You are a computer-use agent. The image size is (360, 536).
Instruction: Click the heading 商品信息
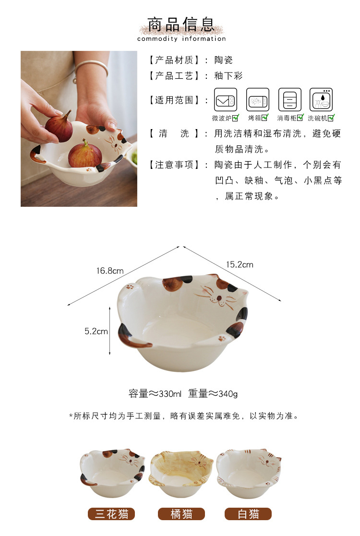point(181,25)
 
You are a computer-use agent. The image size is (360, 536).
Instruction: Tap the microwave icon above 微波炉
point(225,100)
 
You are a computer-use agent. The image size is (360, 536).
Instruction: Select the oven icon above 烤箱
point(258,100)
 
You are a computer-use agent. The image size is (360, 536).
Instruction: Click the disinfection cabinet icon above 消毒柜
point(290,100)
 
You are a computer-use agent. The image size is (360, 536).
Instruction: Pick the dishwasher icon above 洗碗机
point(321,100)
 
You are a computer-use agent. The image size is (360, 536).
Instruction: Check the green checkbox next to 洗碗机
point(331,118)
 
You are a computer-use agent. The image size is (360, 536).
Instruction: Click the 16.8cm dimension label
point(109,271)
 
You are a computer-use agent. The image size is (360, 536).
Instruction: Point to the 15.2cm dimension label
point(240,264)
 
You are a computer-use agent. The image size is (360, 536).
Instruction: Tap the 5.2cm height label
point(96,331)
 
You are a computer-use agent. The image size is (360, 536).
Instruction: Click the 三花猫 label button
point(112,514)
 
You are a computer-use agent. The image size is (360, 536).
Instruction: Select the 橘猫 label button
point(181,514)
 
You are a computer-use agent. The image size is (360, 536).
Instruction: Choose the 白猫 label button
point(248,514)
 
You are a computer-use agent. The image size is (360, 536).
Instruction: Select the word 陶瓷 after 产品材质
point(224,60)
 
